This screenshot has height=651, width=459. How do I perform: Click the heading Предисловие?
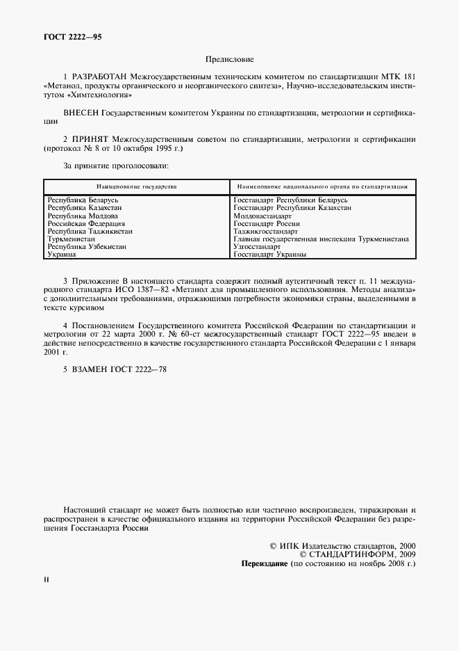229,61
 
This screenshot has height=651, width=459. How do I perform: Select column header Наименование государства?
136,187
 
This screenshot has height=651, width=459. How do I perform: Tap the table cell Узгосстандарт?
257,247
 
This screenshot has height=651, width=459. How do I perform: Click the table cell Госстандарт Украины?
269,255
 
